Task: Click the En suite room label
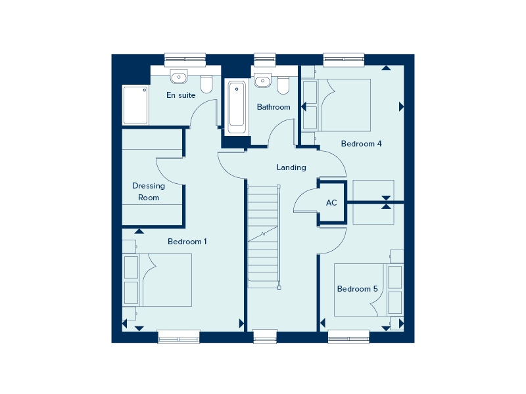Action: click(181, 95)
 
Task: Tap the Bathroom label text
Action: click(274, 107)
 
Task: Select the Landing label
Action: click(291, 167)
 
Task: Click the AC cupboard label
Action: click(331, 203)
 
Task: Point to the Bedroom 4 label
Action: click(361, 144)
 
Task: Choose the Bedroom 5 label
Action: click(357, 289)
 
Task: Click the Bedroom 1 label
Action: click(187, 242)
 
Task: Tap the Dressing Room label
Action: click(149, 192)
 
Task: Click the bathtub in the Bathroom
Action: click(237, 107)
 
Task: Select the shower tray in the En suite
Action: click(135, 105)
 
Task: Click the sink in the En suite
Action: click(179, 77)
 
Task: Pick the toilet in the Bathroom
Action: click(283, 85)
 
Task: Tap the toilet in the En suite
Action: click(206, 84)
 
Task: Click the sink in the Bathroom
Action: click(262, 80)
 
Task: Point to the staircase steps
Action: click(264, 236)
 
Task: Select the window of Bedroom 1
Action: click(179, 337)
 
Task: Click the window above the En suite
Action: click(185, 60)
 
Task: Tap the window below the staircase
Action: click(265, 337)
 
